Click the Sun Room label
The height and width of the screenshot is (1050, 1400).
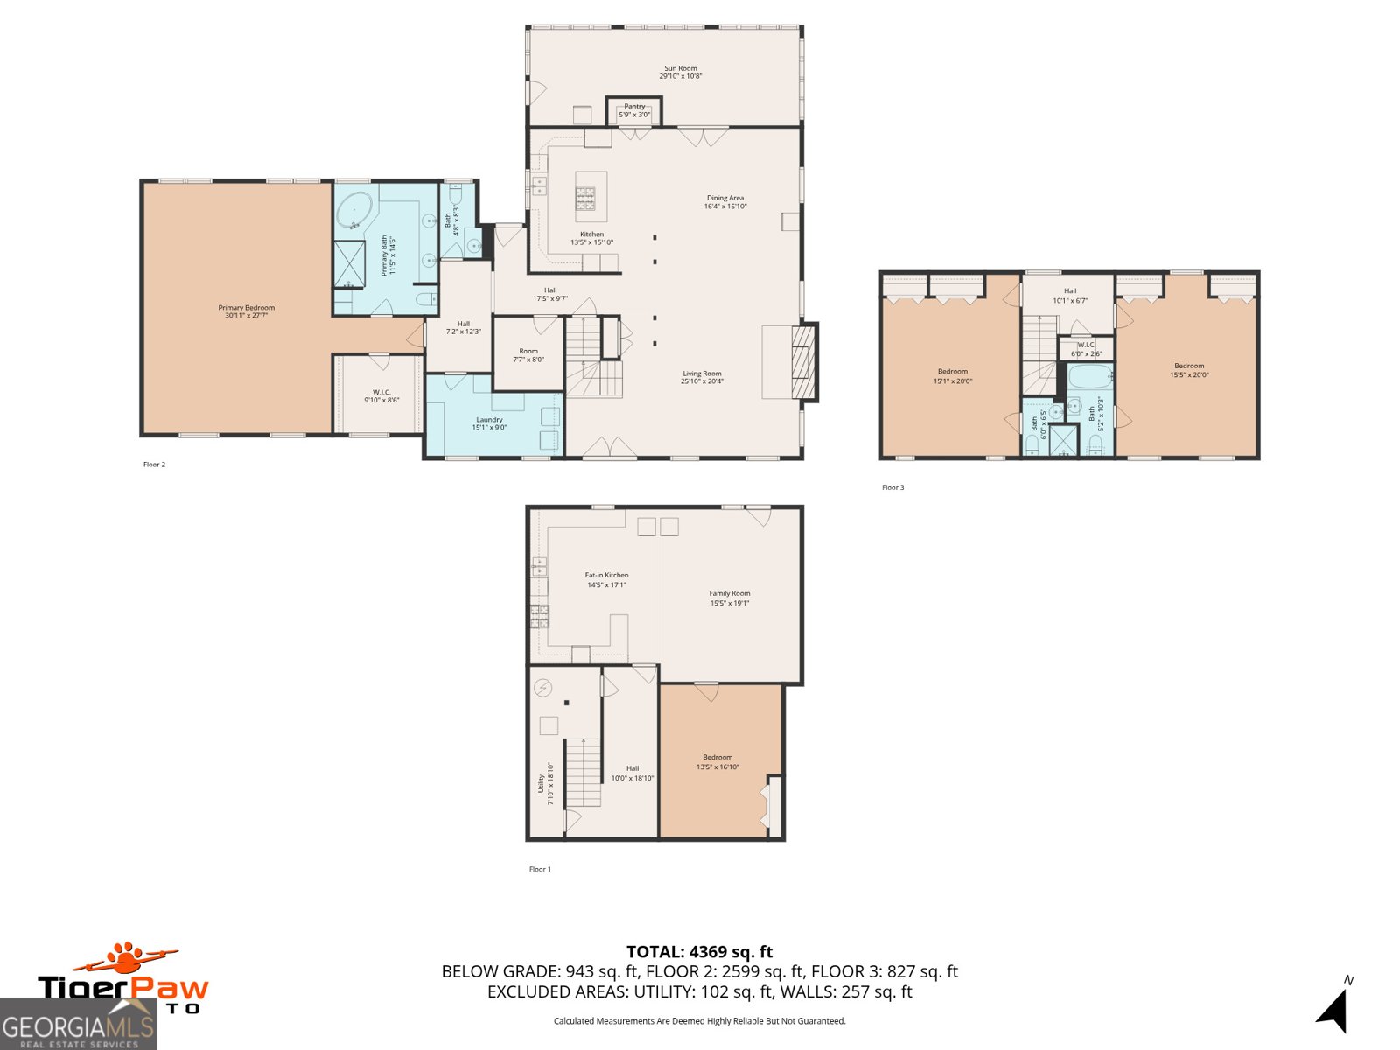(x=680, y=72)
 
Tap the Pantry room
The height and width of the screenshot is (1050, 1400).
(x=634, y=111)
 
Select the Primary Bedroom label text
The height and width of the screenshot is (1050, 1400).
(x=246, y=311)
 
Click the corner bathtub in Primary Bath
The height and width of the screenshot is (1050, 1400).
(x=354, y=213)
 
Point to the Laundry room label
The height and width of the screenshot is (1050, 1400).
(x=489, y=423)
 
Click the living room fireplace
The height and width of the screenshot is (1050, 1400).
(x=803, y=362)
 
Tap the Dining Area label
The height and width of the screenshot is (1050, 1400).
(x=724, y=202)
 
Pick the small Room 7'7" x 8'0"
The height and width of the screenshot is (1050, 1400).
(x=528, y=355)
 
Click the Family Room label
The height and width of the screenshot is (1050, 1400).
(x=729, y=598)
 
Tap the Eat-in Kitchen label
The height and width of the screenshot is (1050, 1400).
(x=606, y=580)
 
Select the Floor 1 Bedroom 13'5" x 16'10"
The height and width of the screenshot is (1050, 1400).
(x=717, y=761)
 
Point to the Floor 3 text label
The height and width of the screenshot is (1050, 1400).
(x=892, y=487)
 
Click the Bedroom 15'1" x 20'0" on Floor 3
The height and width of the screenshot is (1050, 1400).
(x=952, y=376)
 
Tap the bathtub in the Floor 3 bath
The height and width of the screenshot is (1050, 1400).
(x=1089, y=379)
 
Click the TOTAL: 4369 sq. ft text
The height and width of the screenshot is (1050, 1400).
(x=699, y=952)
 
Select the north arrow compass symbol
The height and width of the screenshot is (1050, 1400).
(x=1333, y=1011)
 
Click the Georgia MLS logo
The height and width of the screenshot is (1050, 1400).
(x=78, y=1025)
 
